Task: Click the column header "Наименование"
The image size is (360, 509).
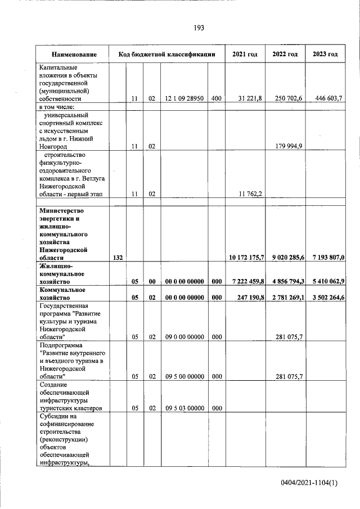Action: (73, 55)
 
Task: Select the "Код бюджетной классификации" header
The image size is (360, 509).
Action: (167, 55)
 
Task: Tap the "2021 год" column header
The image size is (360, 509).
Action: (245, 55)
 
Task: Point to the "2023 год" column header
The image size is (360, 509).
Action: (325, 55)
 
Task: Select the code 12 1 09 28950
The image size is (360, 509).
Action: (184, 98)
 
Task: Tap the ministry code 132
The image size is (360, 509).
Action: (118, 257)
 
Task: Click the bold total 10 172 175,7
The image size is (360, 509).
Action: (246, 257)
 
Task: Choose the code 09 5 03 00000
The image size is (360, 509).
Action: (184, 408)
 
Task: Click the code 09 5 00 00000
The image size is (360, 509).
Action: (184, 376)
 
